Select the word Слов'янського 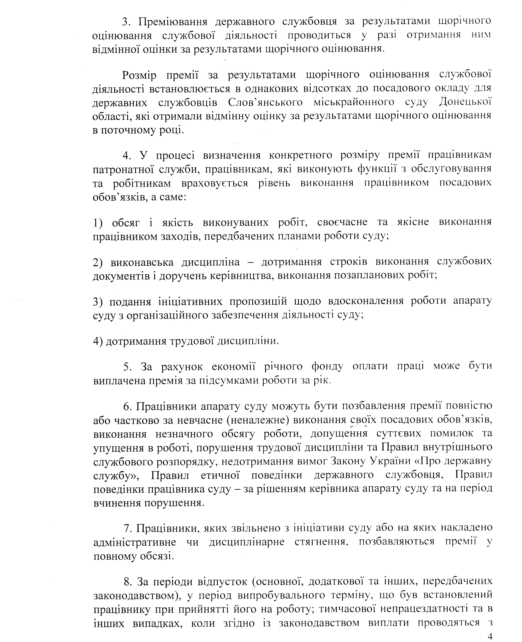coord(265,102)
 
